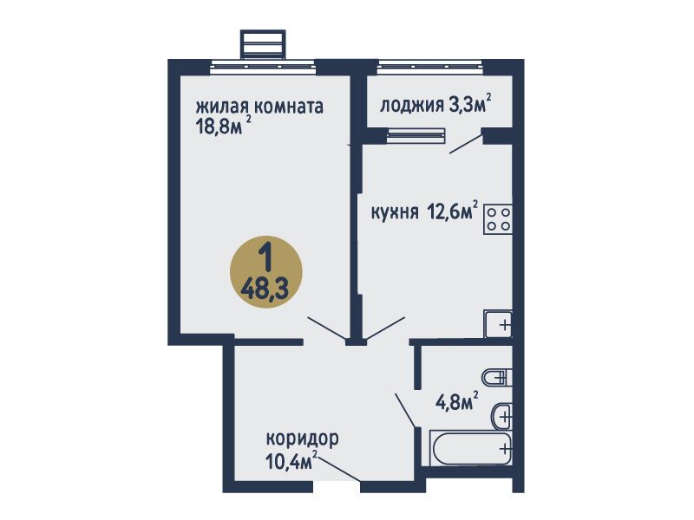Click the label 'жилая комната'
(259, 107)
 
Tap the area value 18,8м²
(224, 127)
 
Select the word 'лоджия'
(412, 105)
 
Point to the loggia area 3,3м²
(470, 103)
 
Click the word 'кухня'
(395, 212)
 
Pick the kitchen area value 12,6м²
(453, 211)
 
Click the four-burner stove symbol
(498, 219)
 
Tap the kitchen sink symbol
(498, 324)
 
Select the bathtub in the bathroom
(470, 448)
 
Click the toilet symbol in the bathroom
(496, 377)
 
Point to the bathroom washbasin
(501, 416)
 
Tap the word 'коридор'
(302, 439)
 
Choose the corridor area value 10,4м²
(292, 461)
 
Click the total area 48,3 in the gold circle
(265, 290)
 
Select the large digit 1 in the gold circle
(265, 257)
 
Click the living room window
(264, 67)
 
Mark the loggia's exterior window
(430, 67)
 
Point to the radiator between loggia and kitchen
(416, 135)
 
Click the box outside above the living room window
(263, 44)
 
